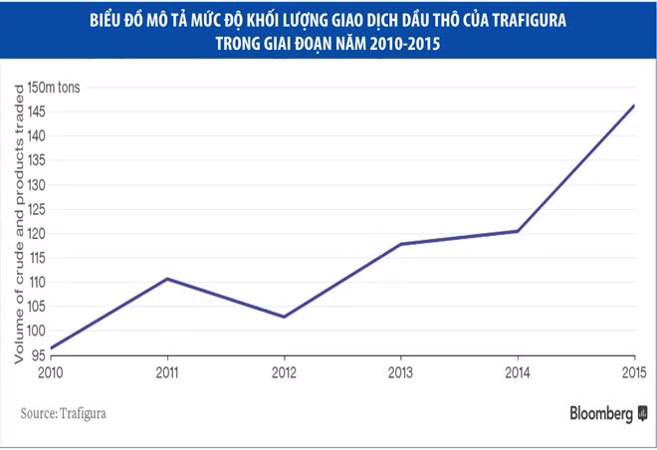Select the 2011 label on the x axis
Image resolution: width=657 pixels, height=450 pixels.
click(x=166, y=373)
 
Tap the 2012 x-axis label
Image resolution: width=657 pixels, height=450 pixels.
click(x=284, y=373)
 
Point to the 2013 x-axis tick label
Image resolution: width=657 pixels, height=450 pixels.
click(x=400, y=373)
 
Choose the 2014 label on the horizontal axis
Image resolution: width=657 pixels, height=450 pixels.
click(x=518, y=373)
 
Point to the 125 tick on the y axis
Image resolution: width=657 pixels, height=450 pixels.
click(x=40, y=209)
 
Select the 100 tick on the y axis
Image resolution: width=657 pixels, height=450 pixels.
click(x=40, y=332)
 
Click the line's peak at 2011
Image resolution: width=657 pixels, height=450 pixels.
click(x=166, y=279)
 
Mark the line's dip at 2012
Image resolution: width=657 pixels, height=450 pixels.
click(x=284, y=317)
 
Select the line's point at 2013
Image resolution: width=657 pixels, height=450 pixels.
click(x=400, y=244)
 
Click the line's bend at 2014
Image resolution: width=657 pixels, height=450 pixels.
click(x=518, y=231)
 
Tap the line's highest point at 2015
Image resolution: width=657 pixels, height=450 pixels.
click(x=634, y=106)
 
